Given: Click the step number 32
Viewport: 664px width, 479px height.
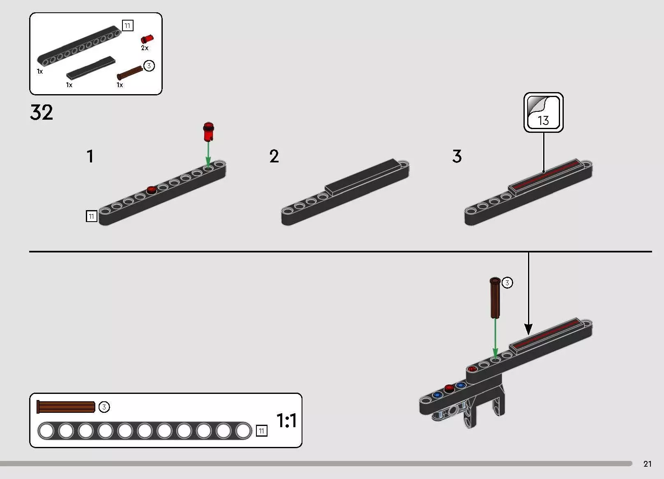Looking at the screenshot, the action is pos(41,112).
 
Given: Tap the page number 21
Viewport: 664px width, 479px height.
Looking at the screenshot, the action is pos(647,463).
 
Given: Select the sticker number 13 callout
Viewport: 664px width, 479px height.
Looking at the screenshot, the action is pos(543,112).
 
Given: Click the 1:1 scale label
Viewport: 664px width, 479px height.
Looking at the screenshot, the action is pos(286,420).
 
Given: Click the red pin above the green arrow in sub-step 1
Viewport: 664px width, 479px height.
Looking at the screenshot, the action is pos(208,132).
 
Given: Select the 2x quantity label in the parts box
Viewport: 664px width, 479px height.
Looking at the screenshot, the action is pos(145,48).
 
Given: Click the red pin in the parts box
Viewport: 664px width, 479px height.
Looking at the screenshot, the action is pos(147,39).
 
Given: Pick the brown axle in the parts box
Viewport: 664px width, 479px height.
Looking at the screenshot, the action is pos(130,73).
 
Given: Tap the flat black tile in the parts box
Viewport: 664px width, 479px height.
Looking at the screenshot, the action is pos(91,67).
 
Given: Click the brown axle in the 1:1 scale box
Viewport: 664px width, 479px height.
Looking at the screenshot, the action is pos(66,407).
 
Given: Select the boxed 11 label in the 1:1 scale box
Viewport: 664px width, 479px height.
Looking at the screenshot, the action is pos(261,430).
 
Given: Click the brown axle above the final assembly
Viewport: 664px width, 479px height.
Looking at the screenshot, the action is pos(495,298).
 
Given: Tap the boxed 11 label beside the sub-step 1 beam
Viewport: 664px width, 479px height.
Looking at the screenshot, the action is pos(91,216).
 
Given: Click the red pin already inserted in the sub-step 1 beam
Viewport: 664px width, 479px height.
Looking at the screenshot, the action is pos(152,190).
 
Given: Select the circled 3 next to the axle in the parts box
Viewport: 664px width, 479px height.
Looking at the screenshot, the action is pos(149,65).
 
